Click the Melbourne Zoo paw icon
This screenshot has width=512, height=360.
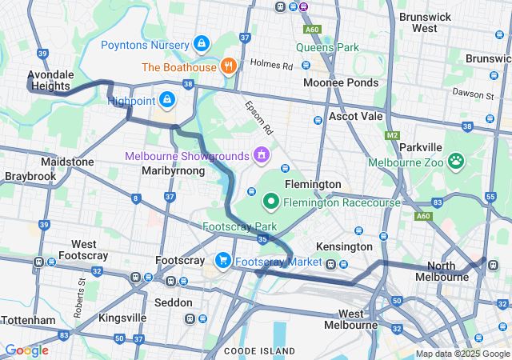[x=457, y=162]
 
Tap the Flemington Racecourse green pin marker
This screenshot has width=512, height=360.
[x=271, y=202]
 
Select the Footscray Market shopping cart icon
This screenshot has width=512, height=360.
[x=222, y=260]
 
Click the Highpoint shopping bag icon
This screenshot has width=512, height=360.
[x=167, y=99]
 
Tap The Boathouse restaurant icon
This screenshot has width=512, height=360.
[x=229, y=66]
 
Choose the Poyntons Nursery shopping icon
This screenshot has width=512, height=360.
[x=201, y=44]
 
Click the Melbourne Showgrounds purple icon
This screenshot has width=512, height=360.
[x=259, y=153]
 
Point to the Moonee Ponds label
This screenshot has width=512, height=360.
[x=340, y=82]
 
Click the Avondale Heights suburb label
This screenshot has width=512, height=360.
[x=50, y=80]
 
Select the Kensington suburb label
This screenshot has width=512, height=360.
[x=345, y=246]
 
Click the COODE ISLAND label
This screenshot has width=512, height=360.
[x=259, y=351]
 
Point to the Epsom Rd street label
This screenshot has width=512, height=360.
[x=260, y=117]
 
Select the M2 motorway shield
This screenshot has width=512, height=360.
[x=391, y=137]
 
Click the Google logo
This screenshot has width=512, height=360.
[x=26, y=350]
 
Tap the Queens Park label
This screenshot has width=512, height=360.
[x=327, y=47]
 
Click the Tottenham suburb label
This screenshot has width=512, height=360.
[x=28, y=320]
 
